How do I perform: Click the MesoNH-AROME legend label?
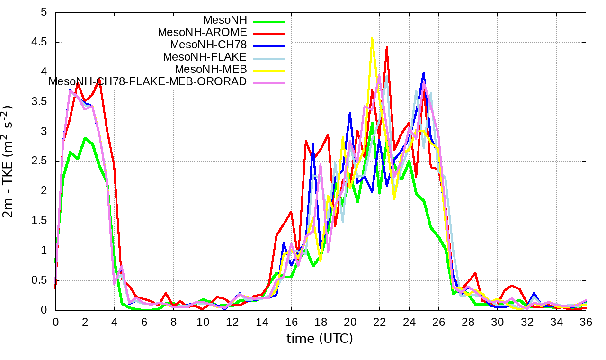pyautogui.click(x=202, y=33)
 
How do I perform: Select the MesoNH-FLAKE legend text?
pyautogui.click(x=205, y=57)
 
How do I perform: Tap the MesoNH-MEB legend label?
pyautogui.click(x=211, y=69)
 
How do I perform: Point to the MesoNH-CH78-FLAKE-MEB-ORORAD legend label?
pyautogui.click(x=148, y=81)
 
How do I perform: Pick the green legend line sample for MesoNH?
pyautogui.click(x=269, y=21)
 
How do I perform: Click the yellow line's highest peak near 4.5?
pyautogui.click(x=372, y=38)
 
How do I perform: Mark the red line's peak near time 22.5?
pyautogui.click(x=387, y=47)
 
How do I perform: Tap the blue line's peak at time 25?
pyautogui.click(x=424, y=73)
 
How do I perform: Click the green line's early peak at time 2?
pyautogui.click(x=85, y=138)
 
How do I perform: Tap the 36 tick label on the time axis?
pyautogui.click(x=586, y=321)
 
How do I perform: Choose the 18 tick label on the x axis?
pyautogui.click(x=321, y=321)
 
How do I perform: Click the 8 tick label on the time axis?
pyautogui.click(x=173, y=321)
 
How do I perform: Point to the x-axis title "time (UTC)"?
pyautogui.click(x=320, y=339)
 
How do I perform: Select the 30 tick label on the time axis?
pyautogui.click(x=497, y=321)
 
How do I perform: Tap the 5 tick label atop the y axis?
pyautogui.click(x=44, y=12)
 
